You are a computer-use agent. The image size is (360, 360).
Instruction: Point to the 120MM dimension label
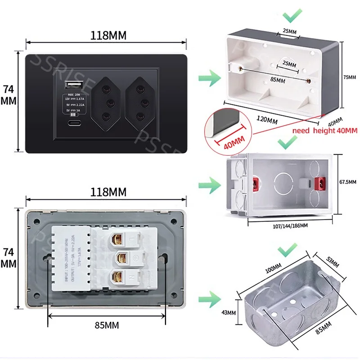click(266, 120)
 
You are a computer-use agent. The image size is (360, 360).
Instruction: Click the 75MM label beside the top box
click(349, 77)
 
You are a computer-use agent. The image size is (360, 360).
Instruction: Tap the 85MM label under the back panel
click(107, 325)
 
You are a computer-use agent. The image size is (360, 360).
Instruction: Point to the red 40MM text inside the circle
click(230, 142)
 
